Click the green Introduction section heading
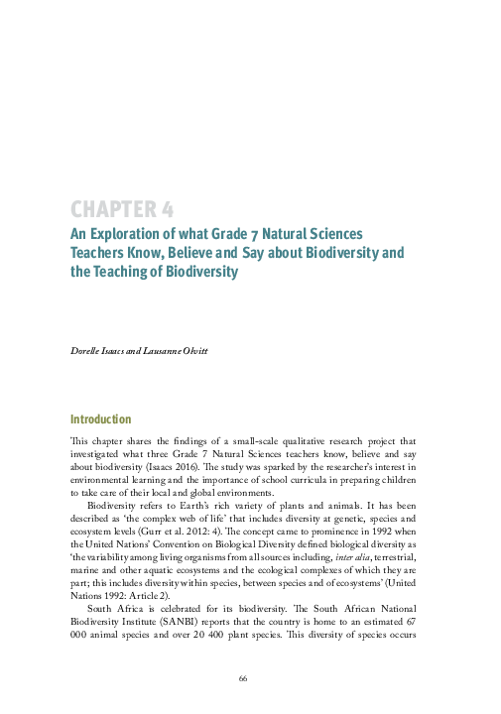pyautogui.click(x=100, y=419)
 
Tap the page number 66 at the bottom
pyautogui.click(x=242, y=677)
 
